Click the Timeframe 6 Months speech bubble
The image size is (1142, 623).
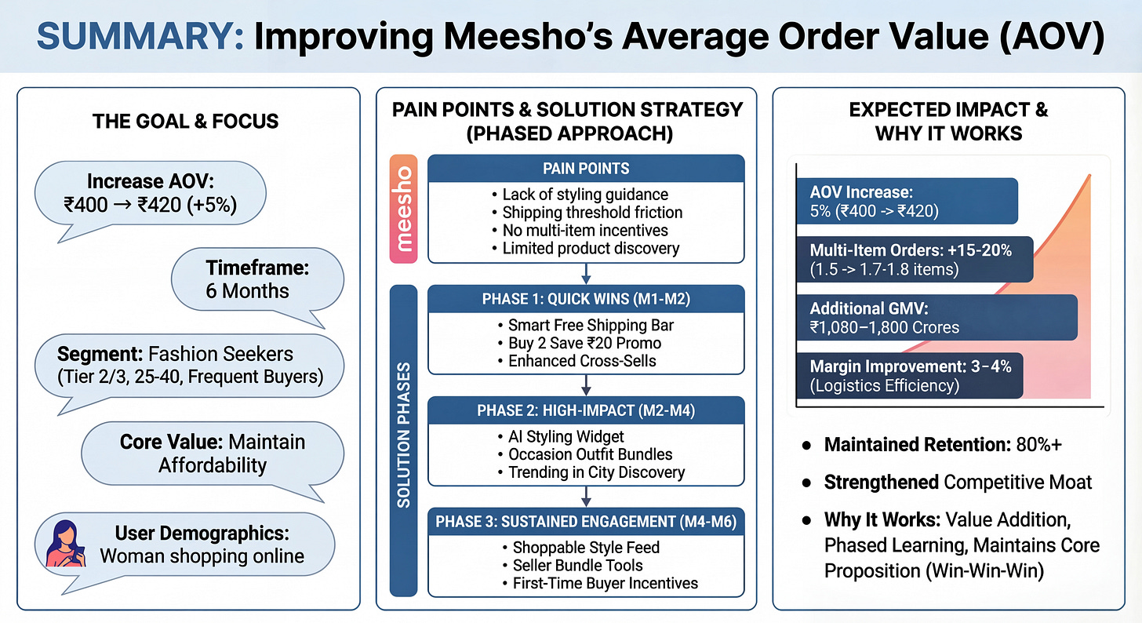click(258, 279)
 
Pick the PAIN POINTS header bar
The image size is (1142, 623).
click(585, 169)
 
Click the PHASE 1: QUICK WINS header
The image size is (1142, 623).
click(585, 300)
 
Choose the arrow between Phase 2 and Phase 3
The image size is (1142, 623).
click(586, 497)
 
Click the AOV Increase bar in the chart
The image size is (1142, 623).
click(907, 201)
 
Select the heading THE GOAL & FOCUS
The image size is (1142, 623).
click(185, 121)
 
